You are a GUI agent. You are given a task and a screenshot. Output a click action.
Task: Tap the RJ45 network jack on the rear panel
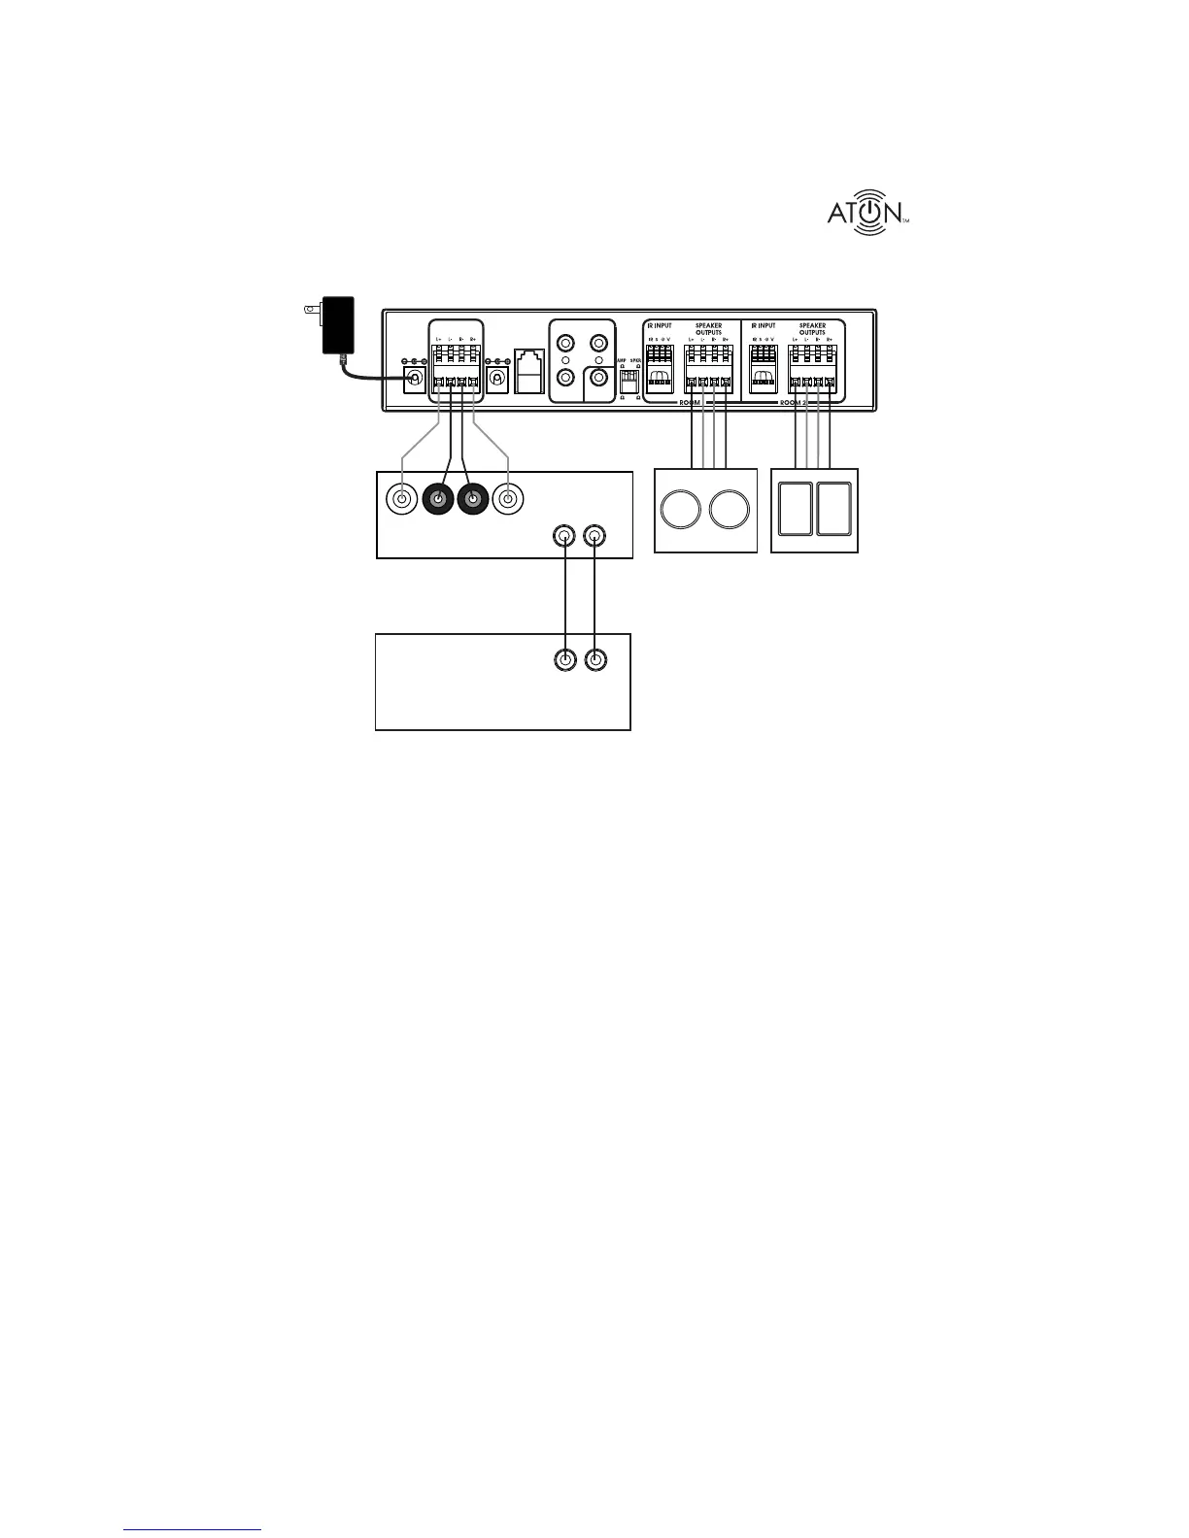click(530, 370)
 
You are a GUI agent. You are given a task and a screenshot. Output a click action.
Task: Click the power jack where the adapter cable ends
click(416, 377)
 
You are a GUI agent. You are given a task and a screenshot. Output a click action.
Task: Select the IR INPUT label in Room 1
click(660, 326)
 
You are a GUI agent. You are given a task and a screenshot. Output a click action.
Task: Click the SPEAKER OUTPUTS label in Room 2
click(812, 329)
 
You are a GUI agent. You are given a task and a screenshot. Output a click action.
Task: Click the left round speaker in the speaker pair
click(681, 510)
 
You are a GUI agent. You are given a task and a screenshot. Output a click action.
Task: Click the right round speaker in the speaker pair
click(730, 510)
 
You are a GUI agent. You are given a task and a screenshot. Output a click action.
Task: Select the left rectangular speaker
click(794, 509)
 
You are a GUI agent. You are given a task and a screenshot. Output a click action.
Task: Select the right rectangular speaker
click(834, 509)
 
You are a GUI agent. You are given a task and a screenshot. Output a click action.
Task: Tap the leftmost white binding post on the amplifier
click(402, 500)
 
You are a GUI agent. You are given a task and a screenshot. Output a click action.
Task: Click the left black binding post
click(438, 500)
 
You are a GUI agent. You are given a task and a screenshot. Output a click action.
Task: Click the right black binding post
click(473, 500)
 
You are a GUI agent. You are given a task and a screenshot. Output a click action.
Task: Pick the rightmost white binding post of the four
click(507, 500)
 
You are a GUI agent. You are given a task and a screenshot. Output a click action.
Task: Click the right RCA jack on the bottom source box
click(594, 660)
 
